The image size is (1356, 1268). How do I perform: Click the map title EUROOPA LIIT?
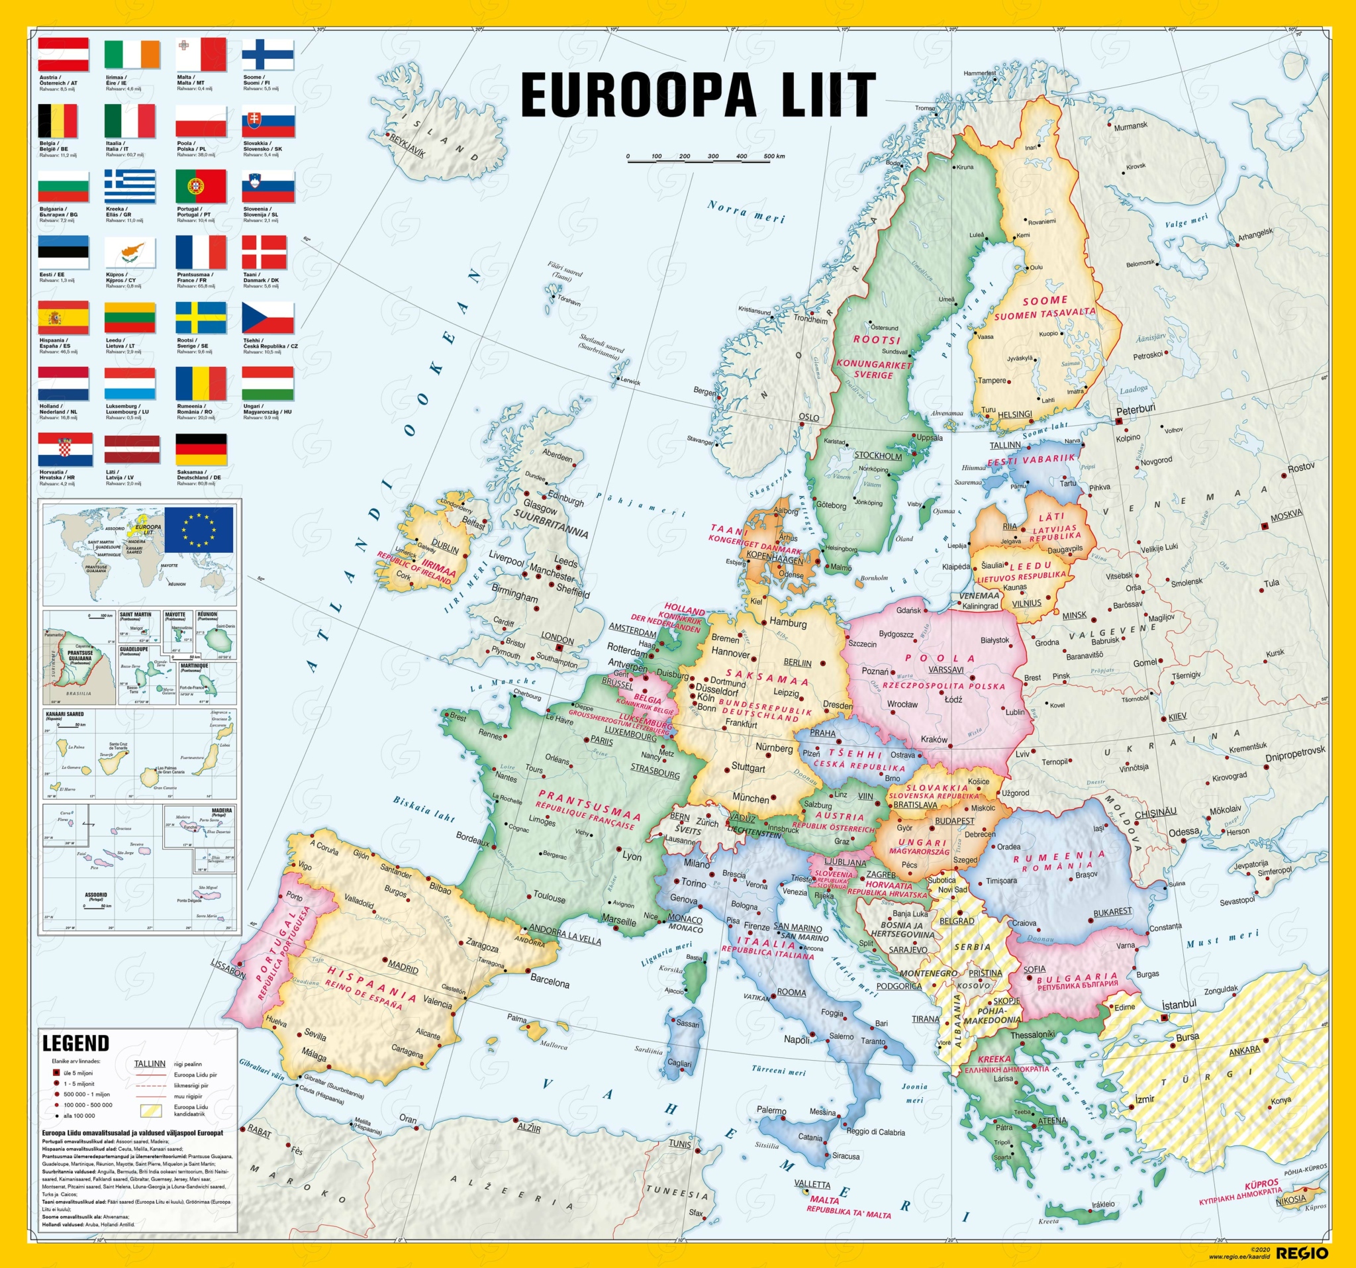tap(697, 95)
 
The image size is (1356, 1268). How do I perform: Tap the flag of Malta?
tap(201, 54)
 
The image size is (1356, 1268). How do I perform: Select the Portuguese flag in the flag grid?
tap(201, 186)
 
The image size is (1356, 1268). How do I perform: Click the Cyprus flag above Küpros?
tap(130, 252)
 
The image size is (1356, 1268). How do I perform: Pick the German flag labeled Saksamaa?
tap(201, 450)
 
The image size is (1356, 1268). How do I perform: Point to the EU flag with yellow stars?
tap(199, 529)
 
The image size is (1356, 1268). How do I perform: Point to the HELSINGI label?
tap(1015, 414)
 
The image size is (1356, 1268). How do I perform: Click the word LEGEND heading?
tap(75, 1043)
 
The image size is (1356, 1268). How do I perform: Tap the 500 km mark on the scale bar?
tap(773, 156)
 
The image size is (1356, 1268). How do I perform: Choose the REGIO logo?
tap(1302, 1253)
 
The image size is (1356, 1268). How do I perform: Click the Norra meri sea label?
tap(746, 211)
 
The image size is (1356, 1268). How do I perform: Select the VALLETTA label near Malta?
tap(812, 1184)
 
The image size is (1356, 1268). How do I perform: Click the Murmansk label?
tap(1131, 126)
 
